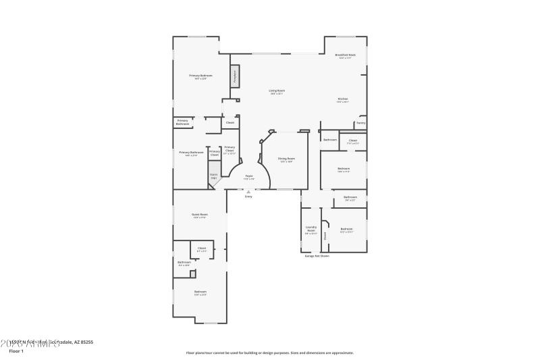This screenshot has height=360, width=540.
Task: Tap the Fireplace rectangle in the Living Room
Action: (x=235, y=76)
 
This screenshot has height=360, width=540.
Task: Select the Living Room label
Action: (x=277, y=91)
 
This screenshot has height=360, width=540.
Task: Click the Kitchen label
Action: (x=343, y=99)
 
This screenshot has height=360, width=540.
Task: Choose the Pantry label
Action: (x=361, y=123)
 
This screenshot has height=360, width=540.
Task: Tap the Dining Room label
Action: (x=286, y=158)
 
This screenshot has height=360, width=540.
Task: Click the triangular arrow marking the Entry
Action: (x=248, y=192)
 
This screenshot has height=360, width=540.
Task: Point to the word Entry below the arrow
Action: (x=248, y=197)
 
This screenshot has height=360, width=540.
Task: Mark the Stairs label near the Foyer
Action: (x=214, y=175)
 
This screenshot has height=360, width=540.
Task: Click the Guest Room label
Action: (x=199, y=214)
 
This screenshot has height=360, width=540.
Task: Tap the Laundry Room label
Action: (x=311, y=229)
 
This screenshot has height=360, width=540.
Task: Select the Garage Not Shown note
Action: (x=316, y=256)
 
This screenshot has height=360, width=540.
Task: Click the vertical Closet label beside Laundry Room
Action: (x=325, y=236)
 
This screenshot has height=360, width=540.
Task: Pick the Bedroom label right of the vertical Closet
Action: (x=346, y=229)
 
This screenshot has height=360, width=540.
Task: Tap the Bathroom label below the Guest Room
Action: (x=184, y=262)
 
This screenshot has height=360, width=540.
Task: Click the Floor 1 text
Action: (x=16, y=351)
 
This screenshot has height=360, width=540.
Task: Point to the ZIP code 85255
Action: (x=86, y=342)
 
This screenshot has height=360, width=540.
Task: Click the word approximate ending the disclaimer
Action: (x=342, y=353)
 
